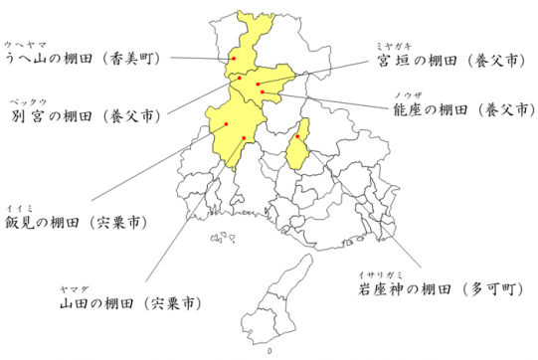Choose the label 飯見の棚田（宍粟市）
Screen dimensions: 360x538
76,221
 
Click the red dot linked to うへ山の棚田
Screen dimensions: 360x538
234,60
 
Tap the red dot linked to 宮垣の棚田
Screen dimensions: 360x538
257,84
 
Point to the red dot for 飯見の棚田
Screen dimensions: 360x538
227,124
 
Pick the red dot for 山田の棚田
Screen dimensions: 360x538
244,137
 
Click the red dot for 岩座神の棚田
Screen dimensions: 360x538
297,137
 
